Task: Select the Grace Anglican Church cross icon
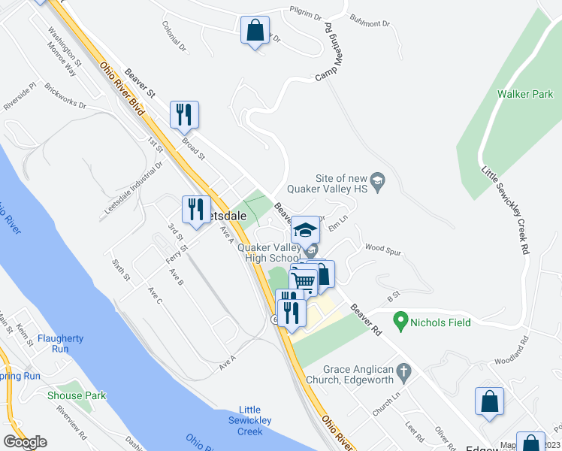click(x=403, y=371)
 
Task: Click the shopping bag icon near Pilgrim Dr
click(x=255, y=32)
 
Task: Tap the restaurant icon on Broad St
click(x=184, y=115)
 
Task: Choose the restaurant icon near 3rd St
click(x=196, y=210)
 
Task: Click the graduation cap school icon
click(x=306, y=230)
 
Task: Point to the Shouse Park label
click(x=76, y=395)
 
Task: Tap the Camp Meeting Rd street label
click(x=329, y=53)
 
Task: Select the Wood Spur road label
click(x=379, y=247)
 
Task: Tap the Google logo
click(x=25, y=442)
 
